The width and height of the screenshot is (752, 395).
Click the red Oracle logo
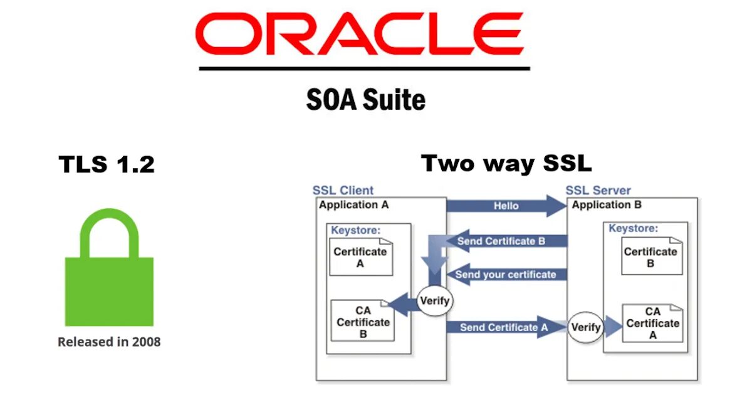(x=359, y=34)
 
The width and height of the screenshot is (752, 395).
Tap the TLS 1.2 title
(x=107, y=165)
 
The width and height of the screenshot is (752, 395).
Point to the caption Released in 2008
(x=109, y=342)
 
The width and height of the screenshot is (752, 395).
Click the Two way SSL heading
(x=506, y=164)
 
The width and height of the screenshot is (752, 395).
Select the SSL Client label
(x=343, y=191)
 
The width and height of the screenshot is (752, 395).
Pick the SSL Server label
(x=598, y=191)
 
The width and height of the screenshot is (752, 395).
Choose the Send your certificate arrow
(x=505, y=275)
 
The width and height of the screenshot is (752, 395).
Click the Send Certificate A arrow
(x=504, y=327)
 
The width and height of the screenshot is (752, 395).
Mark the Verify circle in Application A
(x=434, y=301)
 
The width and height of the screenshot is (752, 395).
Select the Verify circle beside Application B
(x=585, y=327)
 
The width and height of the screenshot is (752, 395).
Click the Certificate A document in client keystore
(x=360, y=257)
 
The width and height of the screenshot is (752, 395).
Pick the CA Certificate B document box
(x=363, y=322)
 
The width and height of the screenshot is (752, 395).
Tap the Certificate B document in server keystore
(x=650, y=257)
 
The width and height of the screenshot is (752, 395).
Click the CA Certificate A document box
(x=652, y=323)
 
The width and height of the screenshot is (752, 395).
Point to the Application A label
(x=354, y=204)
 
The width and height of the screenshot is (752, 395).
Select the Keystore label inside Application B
(x=633, y=228)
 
